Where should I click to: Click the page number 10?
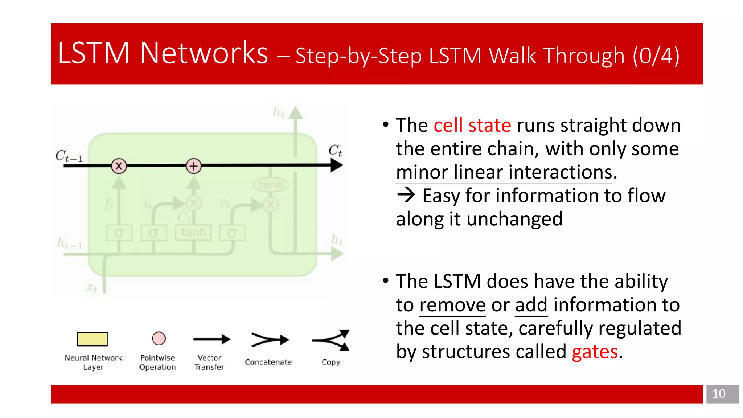(x=718, y=394)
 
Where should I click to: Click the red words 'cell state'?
(x=472, y=126)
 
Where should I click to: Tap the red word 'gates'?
(x=595, y=352)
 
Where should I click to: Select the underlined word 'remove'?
(x=452, y=305)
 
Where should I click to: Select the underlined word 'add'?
(x=531, y=305)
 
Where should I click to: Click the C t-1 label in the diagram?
(x=69, y=156)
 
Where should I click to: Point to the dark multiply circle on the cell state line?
(x=119, y=166)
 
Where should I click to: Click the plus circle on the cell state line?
(x=194, y=166)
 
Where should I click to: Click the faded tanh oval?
(x=271, y=185)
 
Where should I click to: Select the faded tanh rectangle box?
(x=193, y=232)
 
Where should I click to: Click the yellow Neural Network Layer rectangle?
(x=92, y=339)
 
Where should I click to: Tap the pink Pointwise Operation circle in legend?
(x=159, y=339)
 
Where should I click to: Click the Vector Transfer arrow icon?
(x=212, y=339)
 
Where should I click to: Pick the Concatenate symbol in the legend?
(x=270, y=340)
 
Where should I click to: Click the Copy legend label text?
(x=331, y=362)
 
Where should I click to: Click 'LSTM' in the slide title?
(x=94, y=53)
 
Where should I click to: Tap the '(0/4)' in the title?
(x=656, y=56)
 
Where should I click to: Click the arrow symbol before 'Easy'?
(x=406, y=195)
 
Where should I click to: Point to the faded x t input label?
(x=91, y=288)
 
